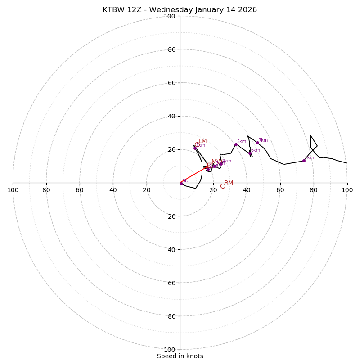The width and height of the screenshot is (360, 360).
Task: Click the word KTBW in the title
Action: [113, 10]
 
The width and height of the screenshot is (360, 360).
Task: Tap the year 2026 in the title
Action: [247, 10]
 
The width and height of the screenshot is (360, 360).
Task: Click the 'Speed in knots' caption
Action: [180, 356]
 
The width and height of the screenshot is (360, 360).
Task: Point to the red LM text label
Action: [202, 141]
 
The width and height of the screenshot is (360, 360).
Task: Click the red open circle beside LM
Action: [197, 145]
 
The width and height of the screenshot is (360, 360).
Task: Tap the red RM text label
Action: [229, 183]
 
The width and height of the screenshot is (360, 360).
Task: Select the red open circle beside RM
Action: [223, 186]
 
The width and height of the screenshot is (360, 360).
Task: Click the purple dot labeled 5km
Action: [236, 144]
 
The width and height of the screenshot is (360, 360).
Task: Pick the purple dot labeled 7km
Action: [257, 143]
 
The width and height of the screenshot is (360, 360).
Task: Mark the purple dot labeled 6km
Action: [250, 153]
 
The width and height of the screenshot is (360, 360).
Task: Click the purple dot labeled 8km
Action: [304, 161]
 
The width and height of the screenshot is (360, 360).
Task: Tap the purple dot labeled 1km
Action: [195, 148]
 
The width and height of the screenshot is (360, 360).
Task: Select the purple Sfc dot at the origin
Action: [181, 184]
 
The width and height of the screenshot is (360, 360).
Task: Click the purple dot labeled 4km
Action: [221, 163]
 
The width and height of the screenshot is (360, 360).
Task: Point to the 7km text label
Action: [263, 140]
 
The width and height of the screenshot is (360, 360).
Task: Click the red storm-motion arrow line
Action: [194, 175]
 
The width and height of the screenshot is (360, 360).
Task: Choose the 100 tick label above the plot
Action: [170, 17]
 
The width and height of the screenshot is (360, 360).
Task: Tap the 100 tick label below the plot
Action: [170, 350]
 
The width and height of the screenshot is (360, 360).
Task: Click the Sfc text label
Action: [186, 180]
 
